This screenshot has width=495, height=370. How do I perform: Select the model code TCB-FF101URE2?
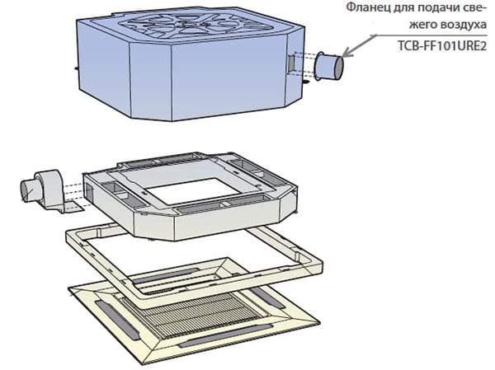(x=441, y=46)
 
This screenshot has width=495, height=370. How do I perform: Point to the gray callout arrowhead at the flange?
(x=346, y=54)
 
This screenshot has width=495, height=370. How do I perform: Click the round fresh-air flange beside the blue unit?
(x=329, y=66)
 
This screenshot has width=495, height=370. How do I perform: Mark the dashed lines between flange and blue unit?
(x=304, y=64)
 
